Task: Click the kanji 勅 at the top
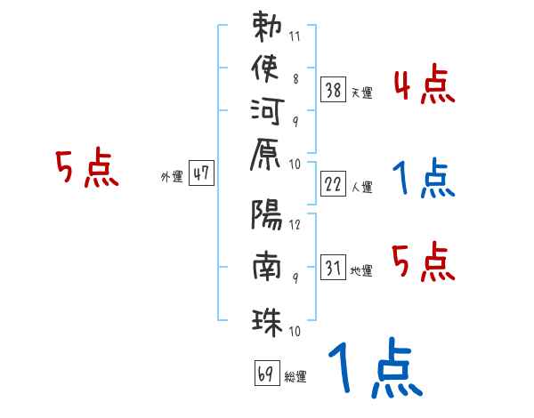coord(267,28)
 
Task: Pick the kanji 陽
coord(267,217)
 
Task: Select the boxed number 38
coord(334,89)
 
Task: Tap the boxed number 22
coord(334,184)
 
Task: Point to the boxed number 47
coord(202,174)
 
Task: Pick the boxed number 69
coord(266,374)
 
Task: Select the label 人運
coord(362,188)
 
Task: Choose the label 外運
coord(172,178)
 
